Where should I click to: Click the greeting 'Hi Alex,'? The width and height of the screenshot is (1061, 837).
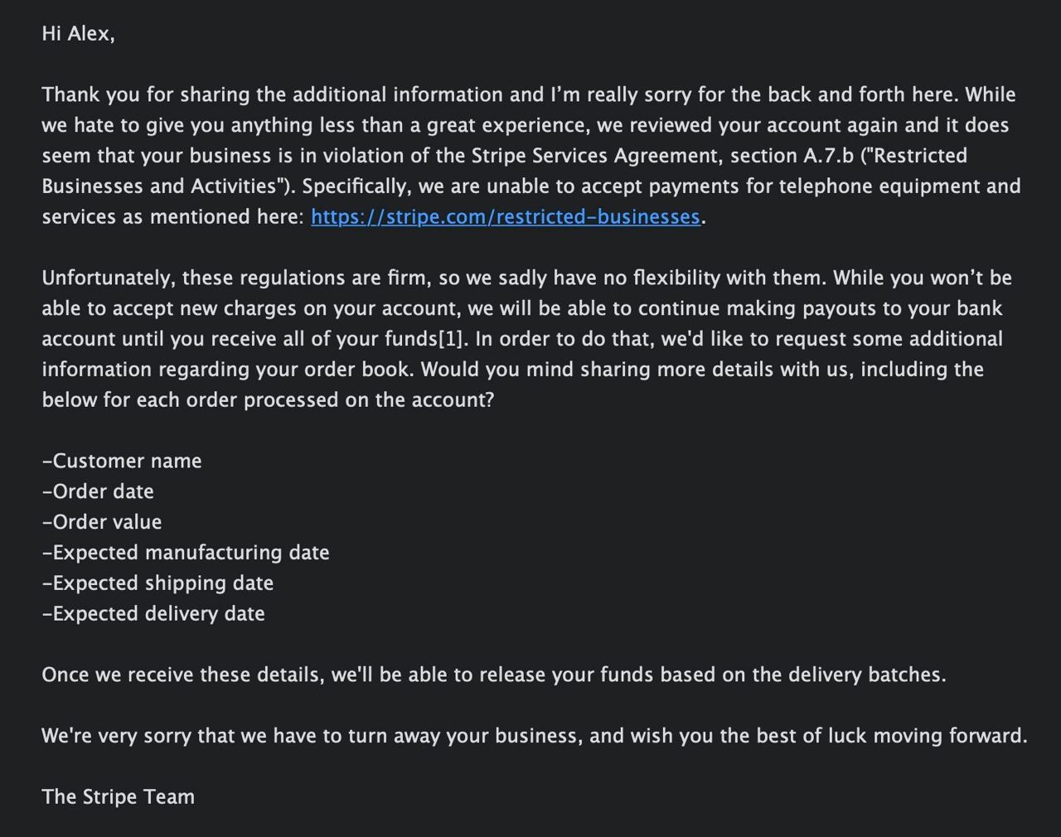click(x=78, y=34)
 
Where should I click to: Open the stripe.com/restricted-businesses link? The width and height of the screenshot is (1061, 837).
click(x=505, y=217)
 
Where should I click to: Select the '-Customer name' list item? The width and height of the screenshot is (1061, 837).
click(x=122, y=461)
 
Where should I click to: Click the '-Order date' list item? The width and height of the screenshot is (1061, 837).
click(x=98, y=491)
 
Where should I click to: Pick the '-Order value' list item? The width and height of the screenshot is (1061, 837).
click(x=102, y=522)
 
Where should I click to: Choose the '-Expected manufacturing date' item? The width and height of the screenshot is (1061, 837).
click(x=186, y=553)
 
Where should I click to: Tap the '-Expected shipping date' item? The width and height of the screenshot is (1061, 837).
click(x=157, y=583)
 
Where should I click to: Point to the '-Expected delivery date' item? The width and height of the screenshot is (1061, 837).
click(x=153, y=614)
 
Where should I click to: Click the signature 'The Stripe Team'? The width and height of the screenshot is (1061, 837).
click(x=119, y=797)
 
